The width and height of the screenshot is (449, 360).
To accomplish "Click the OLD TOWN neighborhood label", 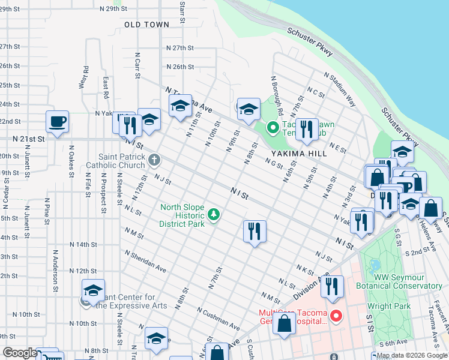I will click(146, 24).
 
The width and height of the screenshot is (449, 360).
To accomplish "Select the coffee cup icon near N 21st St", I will click(58, 122).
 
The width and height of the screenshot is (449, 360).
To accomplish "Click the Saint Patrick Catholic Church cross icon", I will click(154, 159).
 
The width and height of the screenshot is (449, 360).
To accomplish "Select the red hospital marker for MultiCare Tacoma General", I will click(337, 316).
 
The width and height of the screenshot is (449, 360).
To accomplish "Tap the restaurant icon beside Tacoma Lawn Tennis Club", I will click(307, 129).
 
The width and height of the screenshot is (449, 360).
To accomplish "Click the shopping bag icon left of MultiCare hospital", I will click(284, 323).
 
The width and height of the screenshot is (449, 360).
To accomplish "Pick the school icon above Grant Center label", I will click(93, 290).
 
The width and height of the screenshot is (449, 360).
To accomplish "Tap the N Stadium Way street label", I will click(340, 90).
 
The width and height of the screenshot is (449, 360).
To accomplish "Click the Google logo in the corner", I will click(20, 353).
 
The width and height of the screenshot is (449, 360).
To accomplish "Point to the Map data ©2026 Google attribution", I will click(411, 355).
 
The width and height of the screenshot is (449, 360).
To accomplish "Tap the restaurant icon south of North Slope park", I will click(255, 230).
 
